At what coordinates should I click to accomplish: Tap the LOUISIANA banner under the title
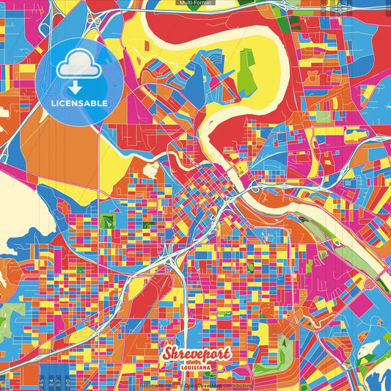195,366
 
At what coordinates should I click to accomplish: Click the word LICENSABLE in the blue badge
79,103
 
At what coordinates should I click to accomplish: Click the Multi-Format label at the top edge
195,4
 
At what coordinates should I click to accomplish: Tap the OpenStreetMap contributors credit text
217,384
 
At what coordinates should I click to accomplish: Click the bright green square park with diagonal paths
108,219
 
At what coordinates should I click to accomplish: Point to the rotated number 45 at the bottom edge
42,381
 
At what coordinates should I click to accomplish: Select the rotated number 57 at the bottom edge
59,381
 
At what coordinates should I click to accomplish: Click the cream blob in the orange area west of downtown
150,170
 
